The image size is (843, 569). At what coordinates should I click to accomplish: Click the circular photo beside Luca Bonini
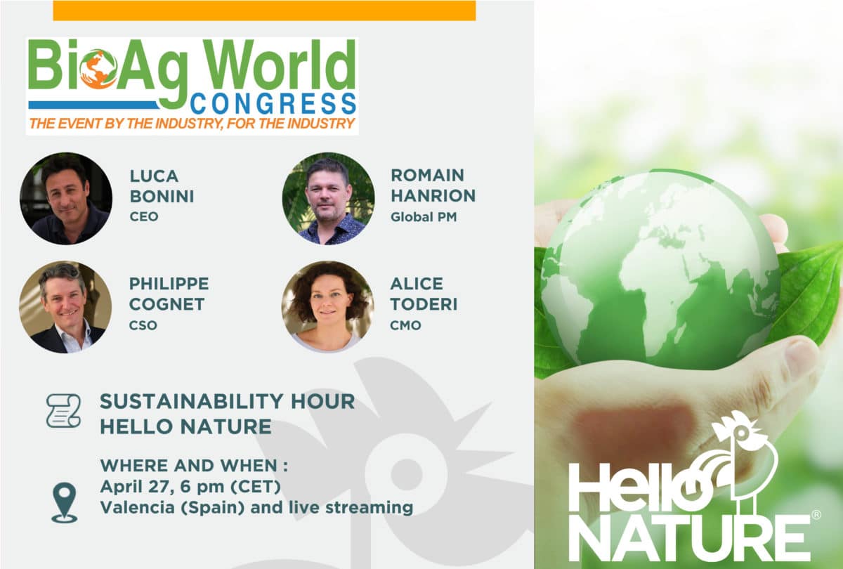pos(66,199)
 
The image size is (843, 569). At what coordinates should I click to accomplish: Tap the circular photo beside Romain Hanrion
pos(328,199)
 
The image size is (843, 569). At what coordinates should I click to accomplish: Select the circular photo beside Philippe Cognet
pos(65,307)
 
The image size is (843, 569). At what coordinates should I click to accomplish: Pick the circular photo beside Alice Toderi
pos(328,307)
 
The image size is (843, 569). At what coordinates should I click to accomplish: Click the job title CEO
pos(144,217)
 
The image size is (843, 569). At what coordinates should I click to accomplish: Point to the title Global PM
pos(424,217)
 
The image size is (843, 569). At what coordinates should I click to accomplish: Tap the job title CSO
pos(143,325)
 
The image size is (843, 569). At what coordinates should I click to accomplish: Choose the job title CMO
pos(405,325)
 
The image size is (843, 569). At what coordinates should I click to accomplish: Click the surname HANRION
pos(433,196)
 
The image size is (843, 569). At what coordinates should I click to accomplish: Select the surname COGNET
pos(166,304)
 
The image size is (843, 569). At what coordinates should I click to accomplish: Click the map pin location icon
pos(65,503)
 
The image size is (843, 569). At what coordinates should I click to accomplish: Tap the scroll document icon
pos(64,411)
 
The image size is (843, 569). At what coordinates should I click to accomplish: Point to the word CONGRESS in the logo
pos(273,103)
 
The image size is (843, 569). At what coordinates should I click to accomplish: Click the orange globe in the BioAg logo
pos(98,70)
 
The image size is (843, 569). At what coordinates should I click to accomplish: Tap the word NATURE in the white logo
pos(689,538)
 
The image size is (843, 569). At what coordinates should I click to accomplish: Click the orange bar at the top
pos(264,11)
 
